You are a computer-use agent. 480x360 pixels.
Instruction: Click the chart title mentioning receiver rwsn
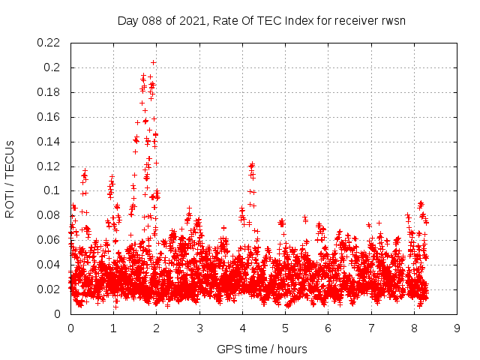point(262,20)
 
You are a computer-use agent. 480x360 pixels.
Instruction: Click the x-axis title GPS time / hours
point(262,349)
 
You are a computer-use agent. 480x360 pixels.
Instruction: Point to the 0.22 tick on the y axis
point(49,43)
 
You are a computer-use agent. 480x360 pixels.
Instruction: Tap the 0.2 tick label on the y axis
point(53,67)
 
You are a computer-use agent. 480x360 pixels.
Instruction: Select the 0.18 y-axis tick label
point(49,92)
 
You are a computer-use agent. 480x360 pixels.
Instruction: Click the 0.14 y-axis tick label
point(49,142)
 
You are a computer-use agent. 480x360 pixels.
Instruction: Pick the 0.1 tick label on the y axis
point(53,190)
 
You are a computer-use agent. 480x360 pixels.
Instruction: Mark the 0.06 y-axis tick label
point(49,240)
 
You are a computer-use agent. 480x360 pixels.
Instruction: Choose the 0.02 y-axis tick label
point(49,289)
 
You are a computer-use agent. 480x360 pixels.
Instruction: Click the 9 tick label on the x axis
point(457,328)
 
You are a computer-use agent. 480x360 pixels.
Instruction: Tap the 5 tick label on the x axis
point(285,328)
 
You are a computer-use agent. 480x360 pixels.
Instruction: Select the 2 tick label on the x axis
point(157,328)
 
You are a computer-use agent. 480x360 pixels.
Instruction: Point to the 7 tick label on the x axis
point(371,328)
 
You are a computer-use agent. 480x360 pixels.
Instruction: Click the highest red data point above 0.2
point(154,62)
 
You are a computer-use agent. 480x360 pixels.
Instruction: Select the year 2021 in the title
point(192,20)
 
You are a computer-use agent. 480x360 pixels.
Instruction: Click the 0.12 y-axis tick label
point(49,166)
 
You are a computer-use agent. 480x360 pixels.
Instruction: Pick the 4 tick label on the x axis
point(242,328)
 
